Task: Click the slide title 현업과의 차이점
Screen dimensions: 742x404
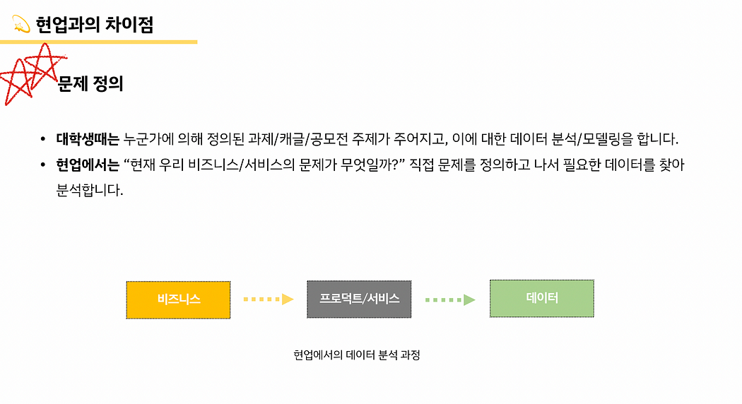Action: pyautogui.click(x=95, y=25)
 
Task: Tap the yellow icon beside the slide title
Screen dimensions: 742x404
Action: pyautogui.click(x=21, y=25)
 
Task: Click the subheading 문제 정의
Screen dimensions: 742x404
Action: pyautogui.click(x=91, y=84)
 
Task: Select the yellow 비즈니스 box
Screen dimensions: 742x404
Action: pyautogui.click(x=178, y=299)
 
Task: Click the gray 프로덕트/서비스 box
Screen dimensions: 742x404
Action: pyautogui.click(x=359, y=299)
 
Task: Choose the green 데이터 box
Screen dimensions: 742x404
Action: pyautogui.click(x=541, y=298)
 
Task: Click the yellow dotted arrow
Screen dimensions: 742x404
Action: pyautogui.click(x=268, y=299)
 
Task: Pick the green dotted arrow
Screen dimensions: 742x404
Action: pyautogui.click(x=449, y=299)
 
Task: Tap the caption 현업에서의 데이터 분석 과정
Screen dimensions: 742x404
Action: pyautogui.click(x=357, y=355)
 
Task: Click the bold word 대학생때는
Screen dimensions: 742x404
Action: pyautogui.click(x=88, y=138)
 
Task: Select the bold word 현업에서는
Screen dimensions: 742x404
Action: pyautogui.click(x=88, y=165)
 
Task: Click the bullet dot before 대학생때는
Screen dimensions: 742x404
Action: pyautogui.click(x=43, y=139)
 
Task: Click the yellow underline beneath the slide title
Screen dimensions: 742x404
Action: pyautogui.click(x=98, y=42)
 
